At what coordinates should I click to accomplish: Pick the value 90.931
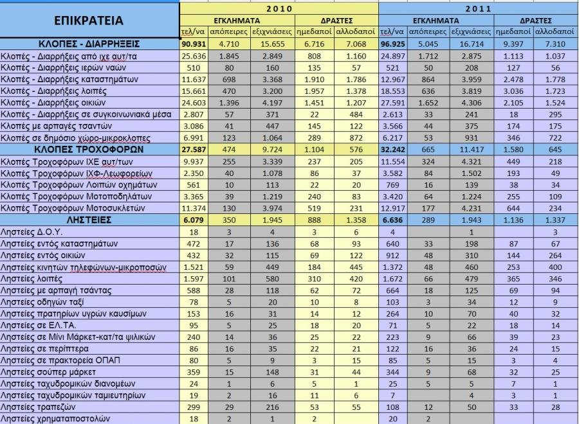(x=194, y=44)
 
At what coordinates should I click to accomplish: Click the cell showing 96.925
(x=392, y=44)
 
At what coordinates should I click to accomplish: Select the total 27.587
(x=194, y=148)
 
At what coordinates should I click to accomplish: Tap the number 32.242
(x=392, y=148)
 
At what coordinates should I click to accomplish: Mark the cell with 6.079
(x=194, y=220)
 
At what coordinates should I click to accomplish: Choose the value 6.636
(x=392, y=220)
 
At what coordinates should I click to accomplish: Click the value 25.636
(x=194, y=55)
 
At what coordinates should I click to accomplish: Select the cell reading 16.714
(x=472, y=44)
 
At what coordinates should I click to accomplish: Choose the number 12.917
(x=392, y=208)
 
